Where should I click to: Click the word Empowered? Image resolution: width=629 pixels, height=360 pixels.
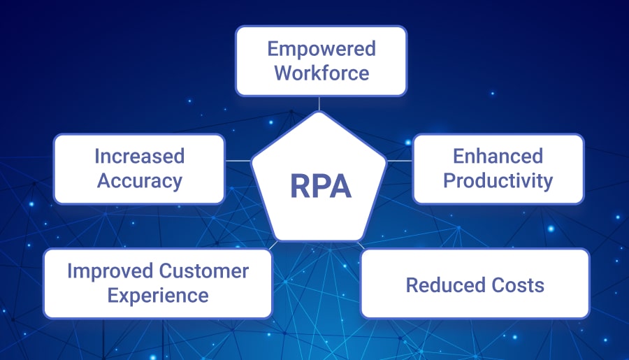click(321, 50)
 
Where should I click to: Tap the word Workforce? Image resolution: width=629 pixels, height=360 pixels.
click(321, 72)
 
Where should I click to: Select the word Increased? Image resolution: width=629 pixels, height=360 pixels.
click(139, 156)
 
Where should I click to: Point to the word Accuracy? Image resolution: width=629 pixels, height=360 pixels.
click(139, 180)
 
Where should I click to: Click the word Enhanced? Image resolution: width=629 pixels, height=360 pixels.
click(498, 156)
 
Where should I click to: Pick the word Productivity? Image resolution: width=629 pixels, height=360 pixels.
click(498, 180)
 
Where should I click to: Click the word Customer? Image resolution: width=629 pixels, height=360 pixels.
click(204, 271)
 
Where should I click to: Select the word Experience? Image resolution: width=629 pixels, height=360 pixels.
click(157, 295)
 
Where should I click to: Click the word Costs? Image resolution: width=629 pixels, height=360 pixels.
click(516, 285)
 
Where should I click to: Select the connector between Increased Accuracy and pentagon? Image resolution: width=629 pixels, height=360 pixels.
click(238, 161)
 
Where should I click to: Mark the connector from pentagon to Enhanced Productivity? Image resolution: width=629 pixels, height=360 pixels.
click(399, 161)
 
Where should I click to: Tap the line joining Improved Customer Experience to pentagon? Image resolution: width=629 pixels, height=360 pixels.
click(276, 245)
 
